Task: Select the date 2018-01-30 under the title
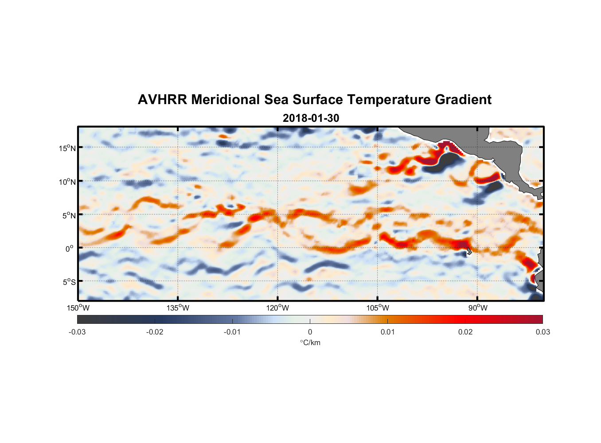(311, 118)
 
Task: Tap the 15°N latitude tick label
(67, 148)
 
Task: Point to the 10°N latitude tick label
(67, 182)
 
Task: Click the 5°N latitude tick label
(69, 215)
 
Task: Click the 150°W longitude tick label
(78, 308)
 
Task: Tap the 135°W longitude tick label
(178, 308)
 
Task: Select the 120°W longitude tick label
(278, 308)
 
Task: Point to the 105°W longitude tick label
(378, 308)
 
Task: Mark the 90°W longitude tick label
(478, 308)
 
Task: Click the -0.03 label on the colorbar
(77, 332)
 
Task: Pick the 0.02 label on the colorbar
(465, 332)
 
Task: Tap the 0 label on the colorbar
(310, 332)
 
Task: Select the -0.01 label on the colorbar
(232, 332)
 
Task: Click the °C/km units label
(310, 342)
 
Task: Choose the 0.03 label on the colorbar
(542, 332)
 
